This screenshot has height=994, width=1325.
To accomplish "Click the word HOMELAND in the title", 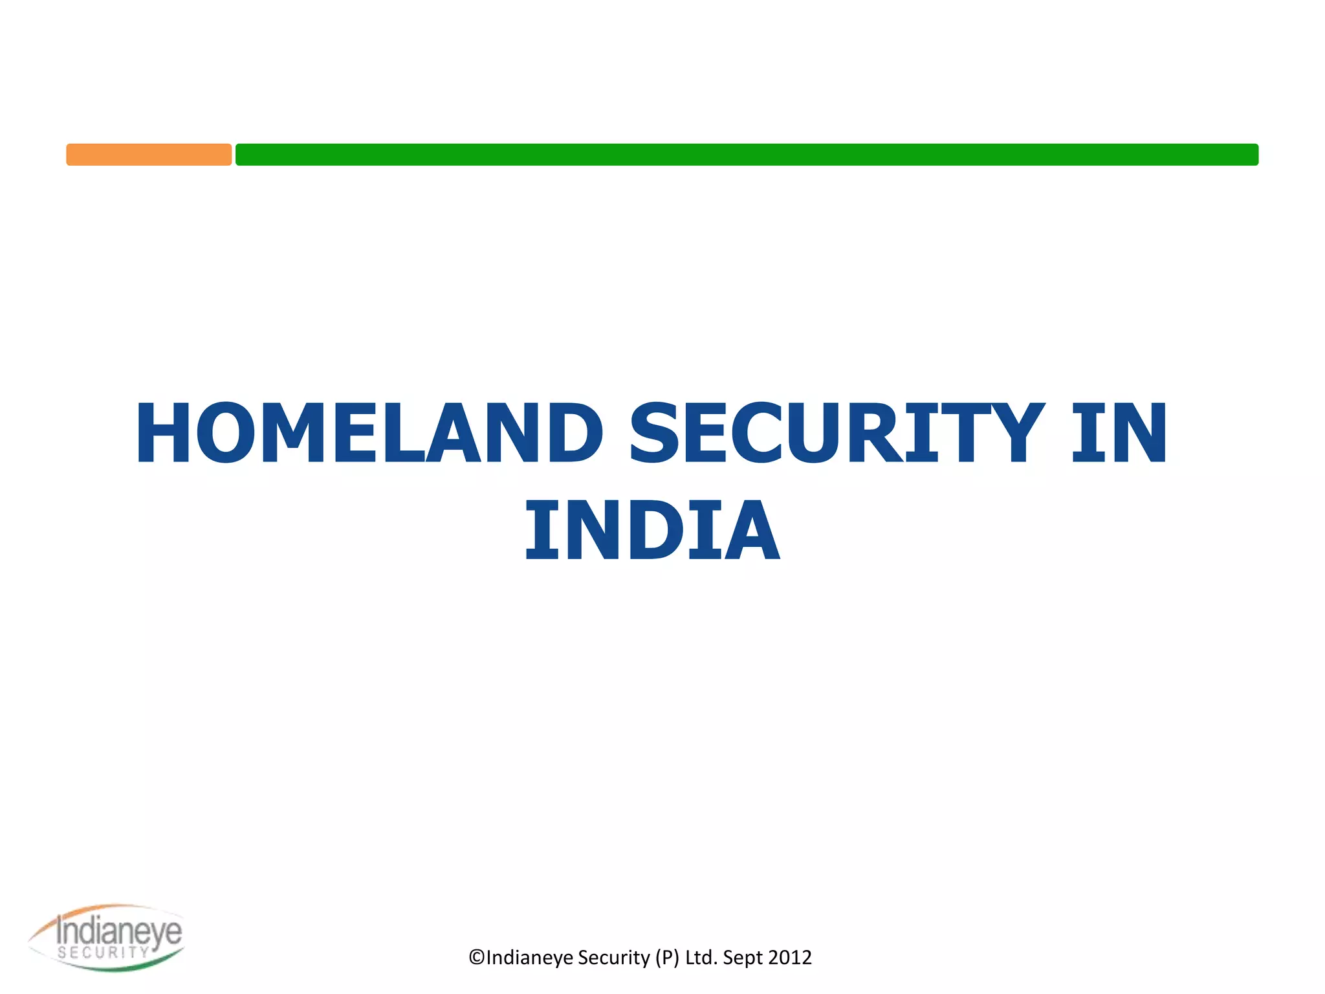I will pos(369,433).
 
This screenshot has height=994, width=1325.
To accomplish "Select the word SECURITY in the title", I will pos(837,433).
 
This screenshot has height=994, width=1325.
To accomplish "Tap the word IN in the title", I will pos(1119,433).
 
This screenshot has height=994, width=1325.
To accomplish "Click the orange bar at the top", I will pos(149,155).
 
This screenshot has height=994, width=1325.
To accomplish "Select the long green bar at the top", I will pos(747,155).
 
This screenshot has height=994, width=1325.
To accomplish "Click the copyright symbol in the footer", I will pos(477,957).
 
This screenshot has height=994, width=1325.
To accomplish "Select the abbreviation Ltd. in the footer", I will pos(701,957).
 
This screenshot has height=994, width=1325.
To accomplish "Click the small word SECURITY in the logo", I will pos(104,952).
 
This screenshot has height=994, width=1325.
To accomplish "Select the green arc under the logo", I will pos(123,966).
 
